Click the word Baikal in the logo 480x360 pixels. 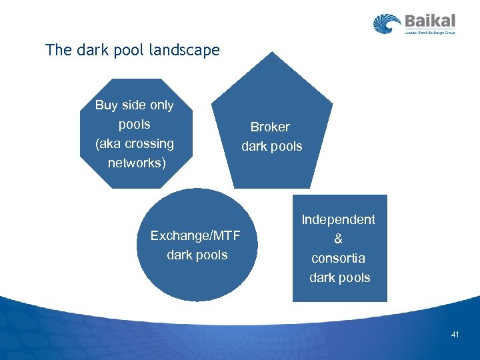pyautogui.click(x=430, y=21)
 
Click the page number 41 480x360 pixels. pyautogui.click(x=455, y=334)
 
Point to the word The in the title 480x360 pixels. pyautogui.click(x=57, y=50)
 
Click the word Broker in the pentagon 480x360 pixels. pyautogui.click(x=270, y=127)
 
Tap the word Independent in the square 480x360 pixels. pyautogui.click(x=339, y=219)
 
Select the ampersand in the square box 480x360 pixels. pyautogui.click(x=339, y=239)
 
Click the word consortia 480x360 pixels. pyautogui.click(x=339, y=258)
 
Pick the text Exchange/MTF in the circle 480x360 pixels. pyautogui.click(x=195, y=235)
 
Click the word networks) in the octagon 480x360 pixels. pyautogui.click(x=137, y=163)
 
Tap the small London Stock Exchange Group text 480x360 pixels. pyautogui.click(x=430, y=32)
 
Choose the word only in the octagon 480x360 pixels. pyautogui.click(x=160, y=105)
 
